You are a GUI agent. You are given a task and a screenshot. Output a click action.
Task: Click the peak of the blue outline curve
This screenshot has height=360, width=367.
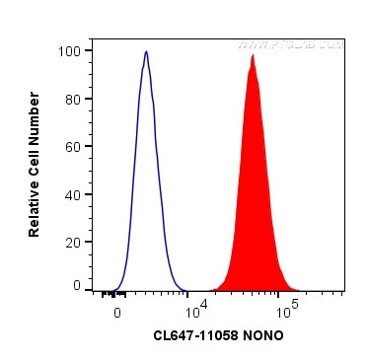(x=146, y=52)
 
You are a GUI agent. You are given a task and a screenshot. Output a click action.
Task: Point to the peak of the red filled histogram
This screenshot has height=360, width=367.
(x=254, y=56)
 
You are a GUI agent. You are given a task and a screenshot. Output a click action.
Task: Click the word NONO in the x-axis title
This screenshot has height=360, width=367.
(x=263, y=335)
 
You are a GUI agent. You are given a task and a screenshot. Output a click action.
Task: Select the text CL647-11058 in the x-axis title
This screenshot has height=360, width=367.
(x=195, y=335)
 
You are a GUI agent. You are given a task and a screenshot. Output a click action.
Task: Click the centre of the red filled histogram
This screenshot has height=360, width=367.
(x=253, y=197)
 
